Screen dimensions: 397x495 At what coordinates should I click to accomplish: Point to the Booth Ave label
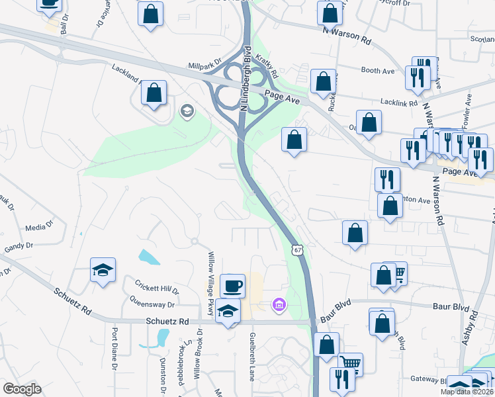[377, 70]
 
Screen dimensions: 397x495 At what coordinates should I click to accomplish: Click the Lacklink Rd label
[398, 103]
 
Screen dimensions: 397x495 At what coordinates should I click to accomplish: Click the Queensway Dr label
[153, 305]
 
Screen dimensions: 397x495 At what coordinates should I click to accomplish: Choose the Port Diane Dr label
[114, 348]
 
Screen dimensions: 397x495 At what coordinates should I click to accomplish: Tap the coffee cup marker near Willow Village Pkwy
[232, 285]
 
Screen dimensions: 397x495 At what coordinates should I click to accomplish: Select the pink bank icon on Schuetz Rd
[279, 304]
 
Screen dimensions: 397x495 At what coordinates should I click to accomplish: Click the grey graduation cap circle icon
[187, 110]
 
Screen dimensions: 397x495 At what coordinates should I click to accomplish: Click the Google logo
[22, 388]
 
